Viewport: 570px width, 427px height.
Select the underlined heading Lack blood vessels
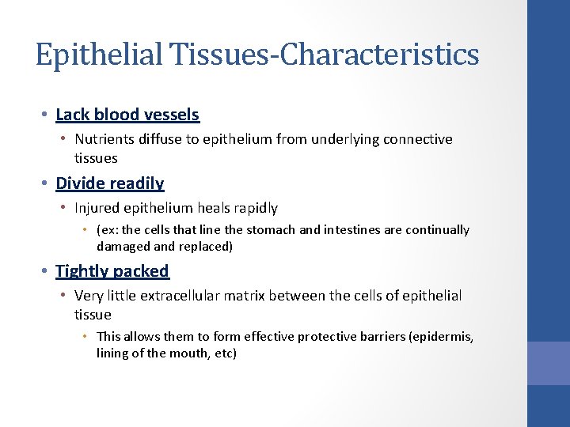click(127, 115)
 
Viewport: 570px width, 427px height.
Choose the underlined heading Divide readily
click(110, 183)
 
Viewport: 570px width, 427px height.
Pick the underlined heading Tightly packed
click(112, 271)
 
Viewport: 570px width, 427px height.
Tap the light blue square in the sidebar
click(549, 363)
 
